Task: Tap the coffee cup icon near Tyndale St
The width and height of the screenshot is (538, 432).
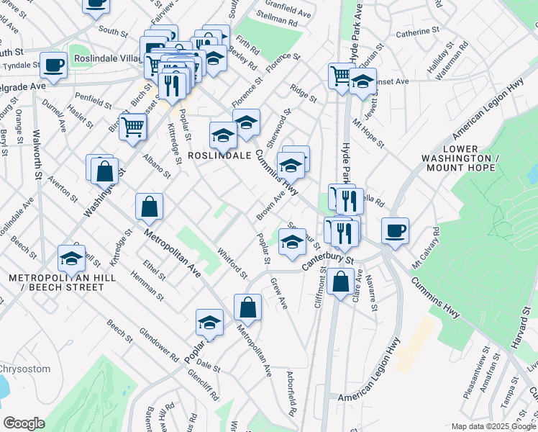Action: click(53, 66)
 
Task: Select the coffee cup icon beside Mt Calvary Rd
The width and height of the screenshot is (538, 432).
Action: click(395, 231)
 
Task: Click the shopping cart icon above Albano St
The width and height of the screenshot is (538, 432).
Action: click(133, 127)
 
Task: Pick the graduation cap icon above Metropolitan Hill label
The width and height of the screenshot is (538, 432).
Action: click(71, 258)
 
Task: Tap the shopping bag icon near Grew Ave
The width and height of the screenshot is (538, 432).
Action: click(247, 307)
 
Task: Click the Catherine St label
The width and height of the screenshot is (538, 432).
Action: click(416, 32)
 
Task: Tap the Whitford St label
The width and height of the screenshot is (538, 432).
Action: click(232, 263)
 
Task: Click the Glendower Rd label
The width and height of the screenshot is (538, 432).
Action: click(158, 345)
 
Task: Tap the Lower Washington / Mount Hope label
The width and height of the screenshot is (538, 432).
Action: click(470, 162)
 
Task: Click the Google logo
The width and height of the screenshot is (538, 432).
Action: click(24, 423)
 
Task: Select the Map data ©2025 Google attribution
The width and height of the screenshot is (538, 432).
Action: click(493, 426)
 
